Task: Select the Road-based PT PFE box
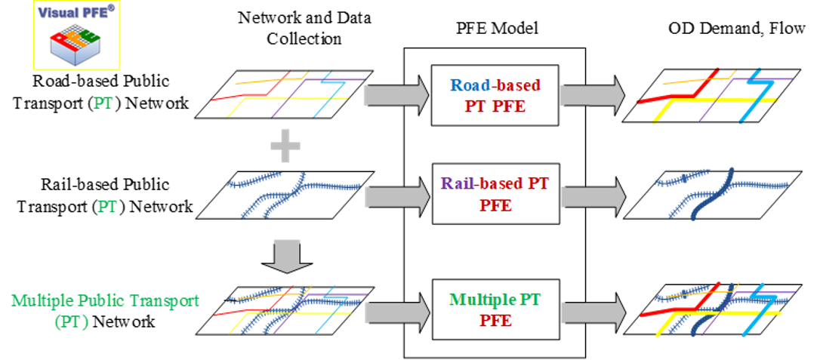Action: pyautogui.click(x=495, y=94)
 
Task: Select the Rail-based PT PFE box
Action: pyautogui.click(x=495, y=193)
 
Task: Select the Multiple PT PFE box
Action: pyautogui.click(x=495, y=309)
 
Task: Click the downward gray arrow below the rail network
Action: pyautogui.click(x=287, y=254)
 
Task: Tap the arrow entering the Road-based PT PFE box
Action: pyautogui.click(x=393, y=95)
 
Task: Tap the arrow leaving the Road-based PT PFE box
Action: pyautogui.click(x=593, y=95)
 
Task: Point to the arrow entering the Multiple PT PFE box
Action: pyautogui.click(x=393, y=311)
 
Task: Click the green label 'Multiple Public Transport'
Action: pyautogui.click(x=106, y=300)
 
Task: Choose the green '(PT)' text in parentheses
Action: pyautogui.click(x=71, y=322)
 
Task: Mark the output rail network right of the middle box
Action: pyautogui.click(x=717, y=193)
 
